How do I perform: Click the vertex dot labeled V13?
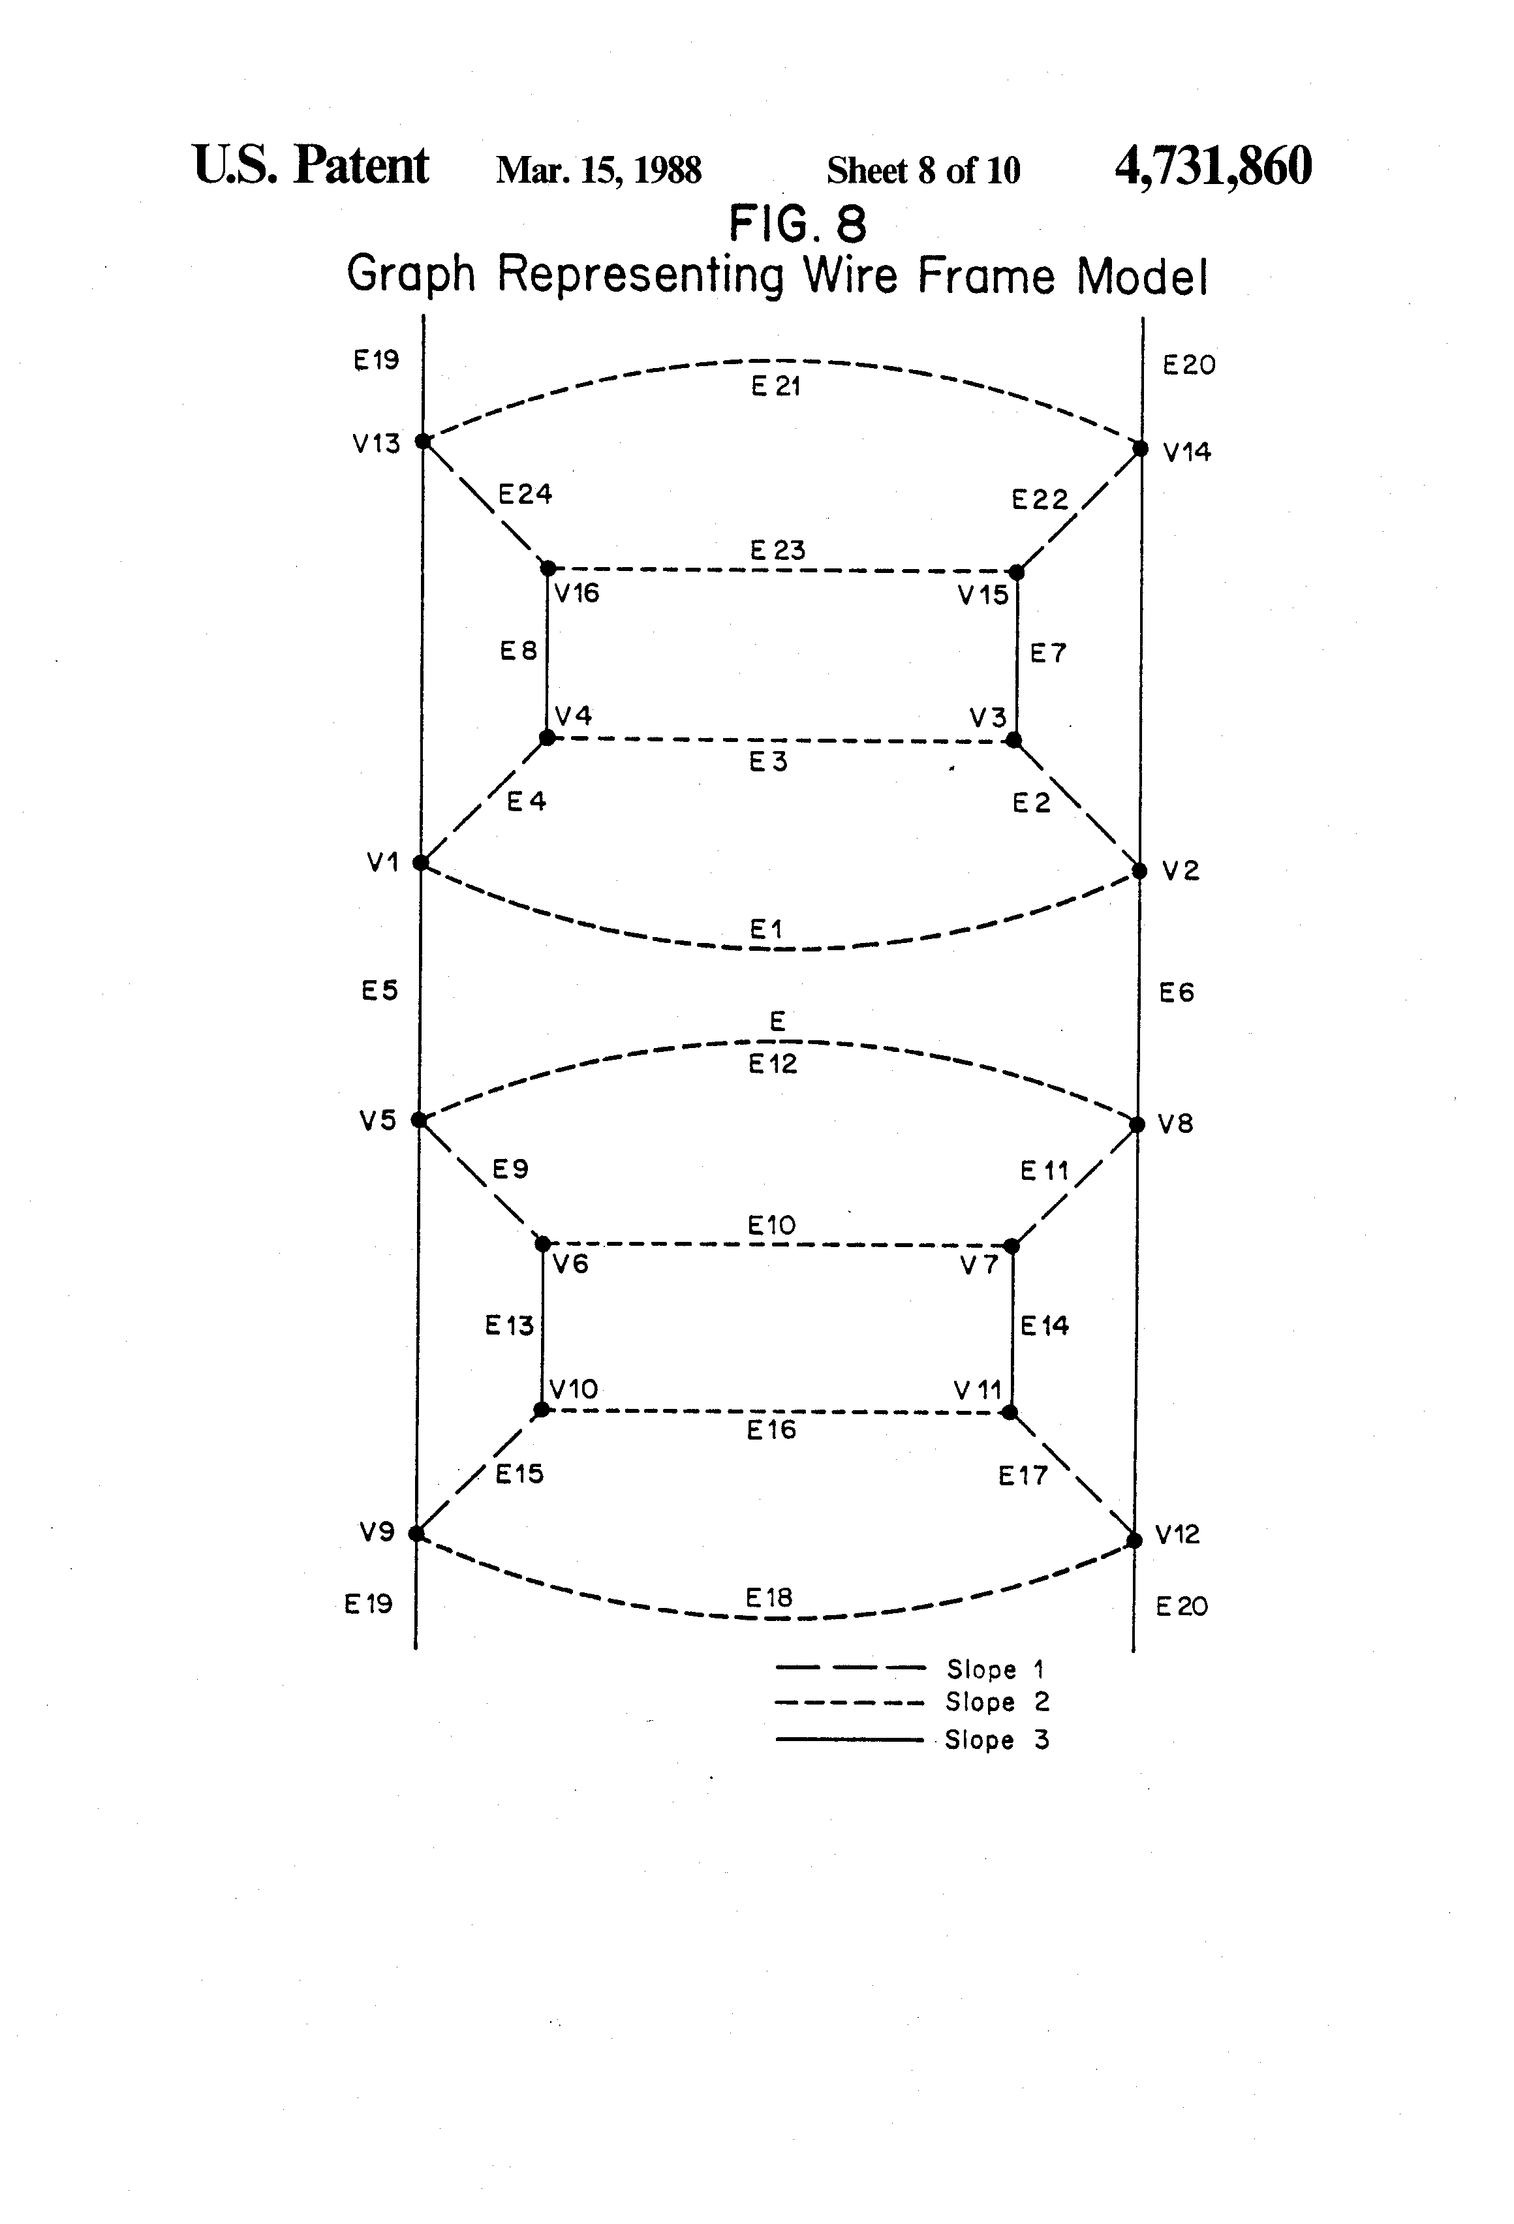pyautogui.click(x=423, y=441)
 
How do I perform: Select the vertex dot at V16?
pyautogui.click(x=548, y=568)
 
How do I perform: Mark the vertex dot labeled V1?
pyautogui.click(x=420, y=862)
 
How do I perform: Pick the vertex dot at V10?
pyautogui.click(x=542, y=1410)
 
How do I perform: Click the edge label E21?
pyautogui.click(x=776, y=386)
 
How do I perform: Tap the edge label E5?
pyautogui.click(x=380, y=991)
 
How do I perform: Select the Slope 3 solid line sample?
pyautogui.click(x=850, y=1740)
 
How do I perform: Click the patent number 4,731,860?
pyautogui.click(x=1213, y=166)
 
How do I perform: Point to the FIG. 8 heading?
pyautogui.click(x=798, y=225)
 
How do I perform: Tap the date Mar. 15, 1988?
pyautogui.click(x=599, y=170)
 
